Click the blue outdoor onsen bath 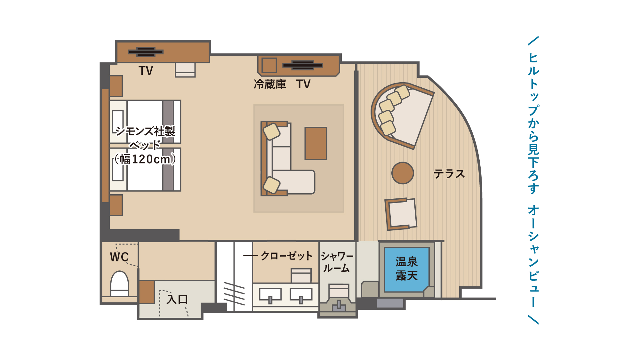coord(406,269)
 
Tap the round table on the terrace coord(403,173)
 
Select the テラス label coord(449,174)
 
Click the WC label coord(119,257)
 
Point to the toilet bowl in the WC coord(119,283)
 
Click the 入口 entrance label coord(177,300)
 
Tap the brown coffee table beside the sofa coord(316,143)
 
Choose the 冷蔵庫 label coord(270,84)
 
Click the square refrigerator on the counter coord(269,65)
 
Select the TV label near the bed coord(146,71)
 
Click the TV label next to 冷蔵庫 coord(303,84)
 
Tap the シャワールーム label coord(337,262)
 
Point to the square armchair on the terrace coord(401,214)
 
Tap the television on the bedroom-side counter coord(146,52)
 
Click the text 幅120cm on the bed coord(146,159)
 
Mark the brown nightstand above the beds coord(116,86)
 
